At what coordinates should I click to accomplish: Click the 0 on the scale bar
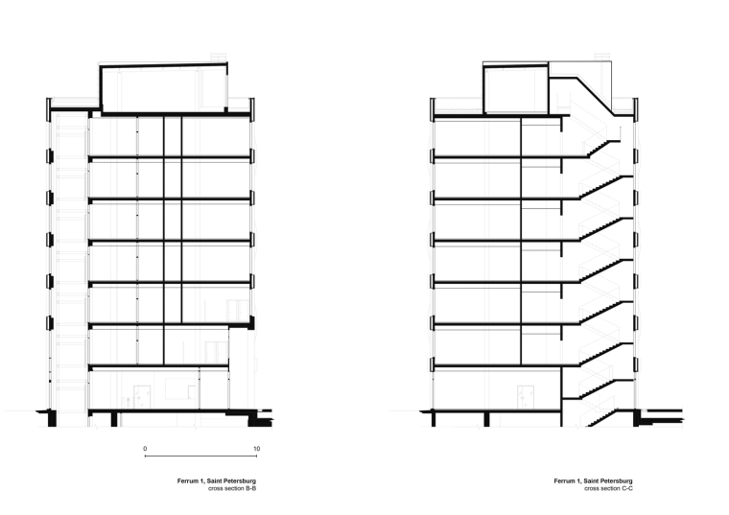coord(145,448)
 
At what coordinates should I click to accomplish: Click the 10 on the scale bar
coord(256,448)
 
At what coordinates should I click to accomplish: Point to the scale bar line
coord(200,456)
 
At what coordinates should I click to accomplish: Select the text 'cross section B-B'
coord(231,489)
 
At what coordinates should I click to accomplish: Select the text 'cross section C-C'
coord(606,489)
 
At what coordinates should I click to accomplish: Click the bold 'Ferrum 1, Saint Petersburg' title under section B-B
coord(216,481)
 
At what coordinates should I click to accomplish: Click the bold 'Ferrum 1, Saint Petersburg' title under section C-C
coord(592,481)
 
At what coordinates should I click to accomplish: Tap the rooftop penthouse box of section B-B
coord(163,88)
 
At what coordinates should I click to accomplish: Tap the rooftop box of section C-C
coord(514,89)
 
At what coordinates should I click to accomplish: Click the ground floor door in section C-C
coord(524,395)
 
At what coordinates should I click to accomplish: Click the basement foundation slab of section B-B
coord(173,411)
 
